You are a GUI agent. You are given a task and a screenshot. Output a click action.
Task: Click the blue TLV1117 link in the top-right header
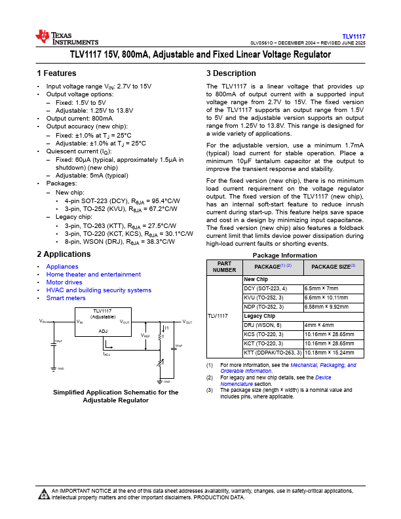point(353,36)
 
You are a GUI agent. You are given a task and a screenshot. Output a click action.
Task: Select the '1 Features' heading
point(56,73)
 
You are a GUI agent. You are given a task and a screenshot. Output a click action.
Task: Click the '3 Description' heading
point(231,73)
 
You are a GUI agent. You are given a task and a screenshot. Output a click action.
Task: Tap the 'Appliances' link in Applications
point(62,267)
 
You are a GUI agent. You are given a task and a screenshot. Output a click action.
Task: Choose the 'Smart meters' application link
point(66,298)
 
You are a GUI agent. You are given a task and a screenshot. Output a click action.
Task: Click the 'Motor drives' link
point(65,282)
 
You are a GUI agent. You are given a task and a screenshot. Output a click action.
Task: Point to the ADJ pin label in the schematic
point(103,332)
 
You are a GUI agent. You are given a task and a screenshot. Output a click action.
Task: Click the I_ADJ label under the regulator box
point(106,353)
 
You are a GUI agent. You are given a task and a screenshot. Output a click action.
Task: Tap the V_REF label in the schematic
point(145,336)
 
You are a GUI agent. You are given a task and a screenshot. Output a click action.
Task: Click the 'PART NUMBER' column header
point(224,267)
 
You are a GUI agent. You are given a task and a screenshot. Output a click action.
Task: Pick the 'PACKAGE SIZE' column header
point(333,267)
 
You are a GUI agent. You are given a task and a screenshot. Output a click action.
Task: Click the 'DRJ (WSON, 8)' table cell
point(262,325)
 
